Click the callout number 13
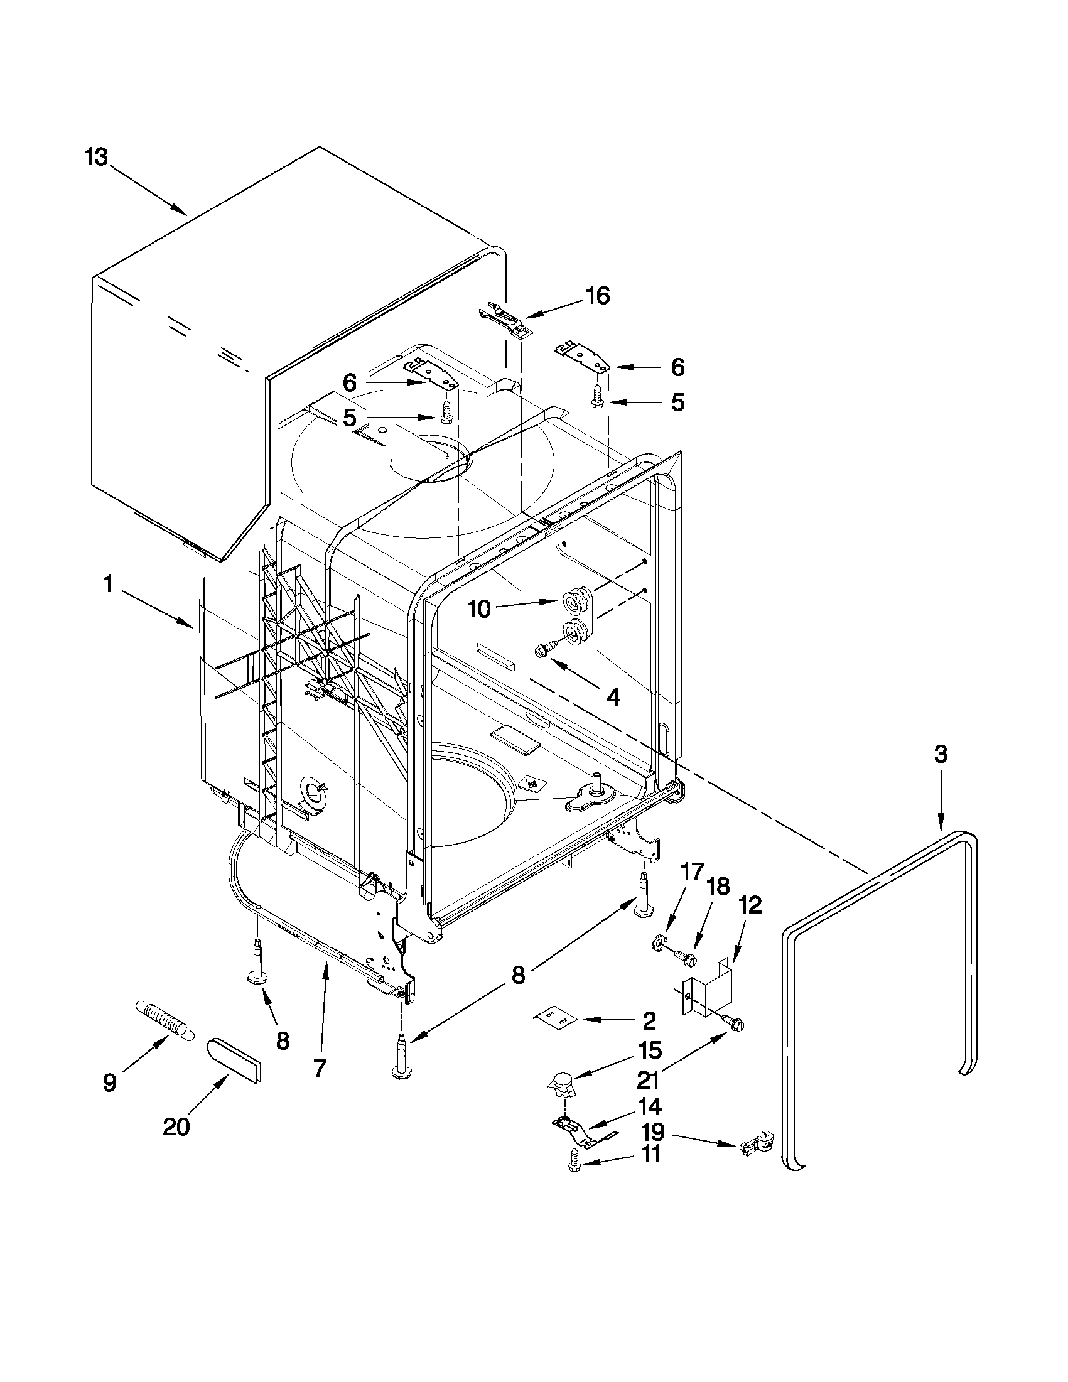coord(96,157)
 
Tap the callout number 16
coord(597,296)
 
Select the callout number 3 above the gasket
coord(941,754)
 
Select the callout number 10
coord(479,609)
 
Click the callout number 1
coord(108,585)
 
